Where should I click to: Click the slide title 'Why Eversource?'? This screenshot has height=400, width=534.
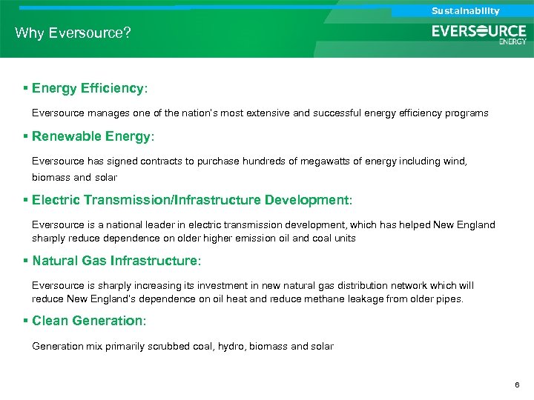[x=73, y=33]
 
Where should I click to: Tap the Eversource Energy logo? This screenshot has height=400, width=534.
[x=479, y=34]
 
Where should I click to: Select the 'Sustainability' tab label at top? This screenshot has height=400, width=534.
[x=466, y=10]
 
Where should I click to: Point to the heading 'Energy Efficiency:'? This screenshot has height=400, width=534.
[x=90, y=88]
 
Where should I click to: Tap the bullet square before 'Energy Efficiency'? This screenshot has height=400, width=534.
[x=26, y=88]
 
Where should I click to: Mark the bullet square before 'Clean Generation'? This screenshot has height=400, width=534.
[x=26, y=321]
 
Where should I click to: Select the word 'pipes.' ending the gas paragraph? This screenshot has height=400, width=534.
[x=449, y=299]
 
